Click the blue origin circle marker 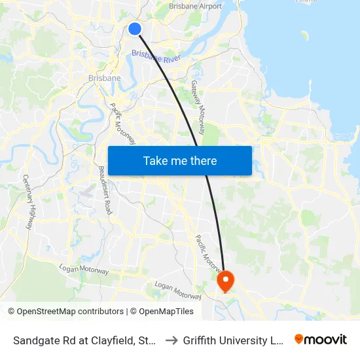point(135,29)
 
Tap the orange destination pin point(225,281)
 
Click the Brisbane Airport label point(196,6)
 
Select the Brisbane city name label point(104,78)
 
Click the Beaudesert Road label point(105,190)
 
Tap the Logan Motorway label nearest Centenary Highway point(83,268)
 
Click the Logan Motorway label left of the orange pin point(178,290)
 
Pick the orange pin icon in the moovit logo point(299,339)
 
